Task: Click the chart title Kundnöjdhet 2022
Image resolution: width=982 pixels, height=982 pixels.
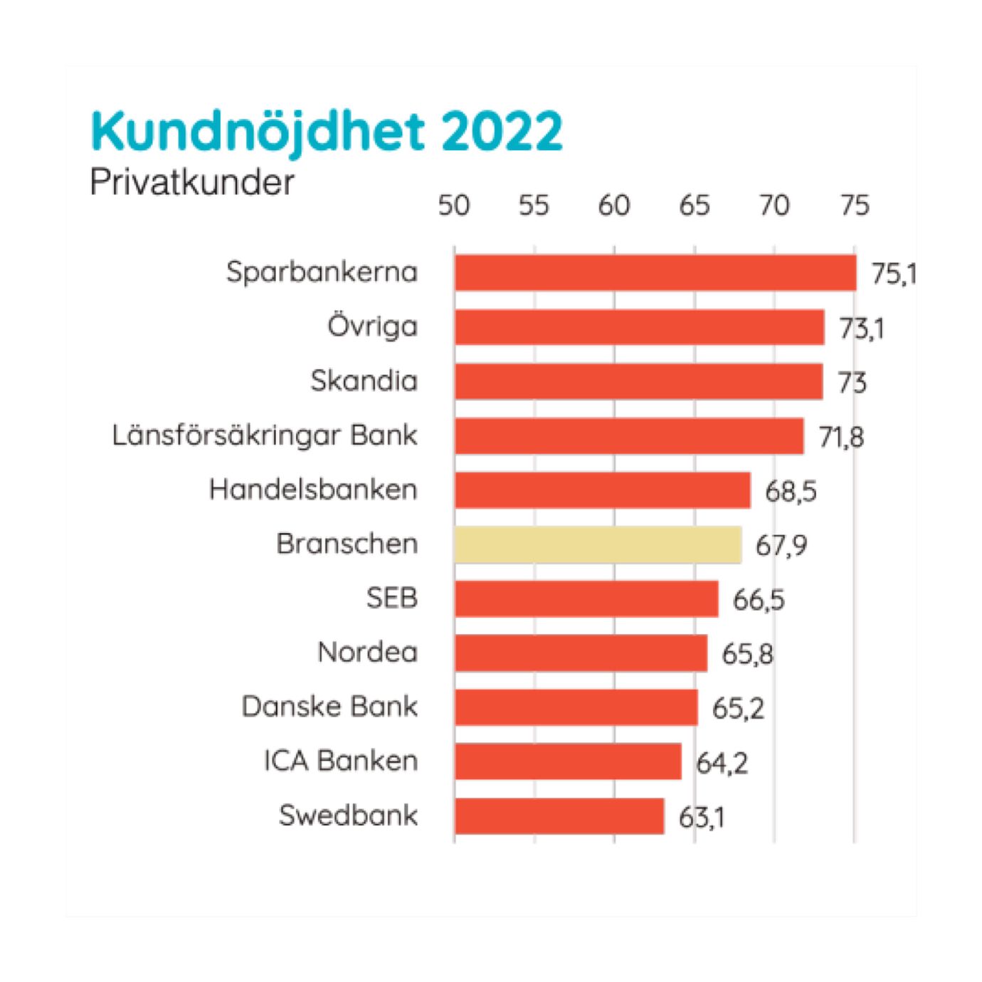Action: pyautogui.click(x=327, y=132)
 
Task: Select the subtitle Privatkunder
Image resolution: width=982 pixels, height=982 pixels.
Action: pyautogui.click(x=191, y=183)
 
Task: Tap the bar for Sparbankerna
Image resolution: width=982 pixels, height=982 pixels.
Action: pyautogui.click(x=655, y=273)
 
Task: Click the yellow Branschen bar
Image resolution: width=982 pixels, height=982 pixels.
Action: pyautogui.click(x=598, y=545)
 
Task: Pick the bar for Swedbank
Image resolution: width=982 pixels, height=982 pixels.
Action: pyautogui.click(x=559, y=816)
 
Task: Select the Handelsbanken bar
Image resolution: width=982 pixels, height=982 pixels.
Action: pyautogui.click(x=603, y=490)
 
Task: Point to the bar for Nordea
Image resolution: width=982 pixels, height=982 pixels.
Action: pyautogui.click(x=581, y=653)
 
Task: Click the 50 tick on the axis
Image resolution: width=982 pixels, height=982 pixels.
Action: pyautogui.click(x=454, y=206)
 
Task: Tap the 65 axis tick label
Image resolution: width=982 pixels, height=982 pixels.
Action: pyautogui.click(x=695, y=206)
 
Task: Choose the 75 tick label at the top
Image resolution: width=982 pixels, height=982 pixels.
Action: pyautogui.click(x=855, y=206)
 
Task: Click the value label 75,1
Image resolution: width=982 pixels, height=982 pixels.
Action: pyautogui.click(x=893, y=275)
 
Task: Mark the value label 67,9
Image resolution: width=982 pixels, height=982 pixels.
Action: pyautogui.click(x=781, y=547)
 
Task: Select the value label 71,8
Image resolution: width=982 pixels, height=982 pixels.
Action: pyautogui.click(x=841, y=437)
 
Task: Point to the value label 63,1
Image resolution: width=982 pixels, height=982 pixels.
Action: pyautogui.click(x=702, y=818)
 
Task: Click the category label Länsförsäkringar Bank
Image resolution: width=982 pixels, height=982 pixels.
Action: pyautogui.click(x=265, y=435)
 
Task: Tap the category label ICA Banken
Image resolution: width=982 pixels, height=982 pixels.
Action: pyautogui.click(x=341, y=761)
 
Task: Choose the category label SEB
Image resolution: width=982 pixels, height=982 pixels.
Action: pyautogui.click(x=391, y=598)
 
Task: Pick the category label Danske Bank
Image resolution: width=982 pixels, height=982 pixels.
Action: pyautogui.click(x=329, y=707)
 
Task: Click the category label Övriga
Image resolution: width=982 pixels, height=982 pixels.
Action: pyautogui.click(x=372, y=327)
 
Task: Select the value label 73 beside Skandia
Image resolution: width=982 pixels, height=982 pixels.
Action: pyautogui.click(x=852, y=383)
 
